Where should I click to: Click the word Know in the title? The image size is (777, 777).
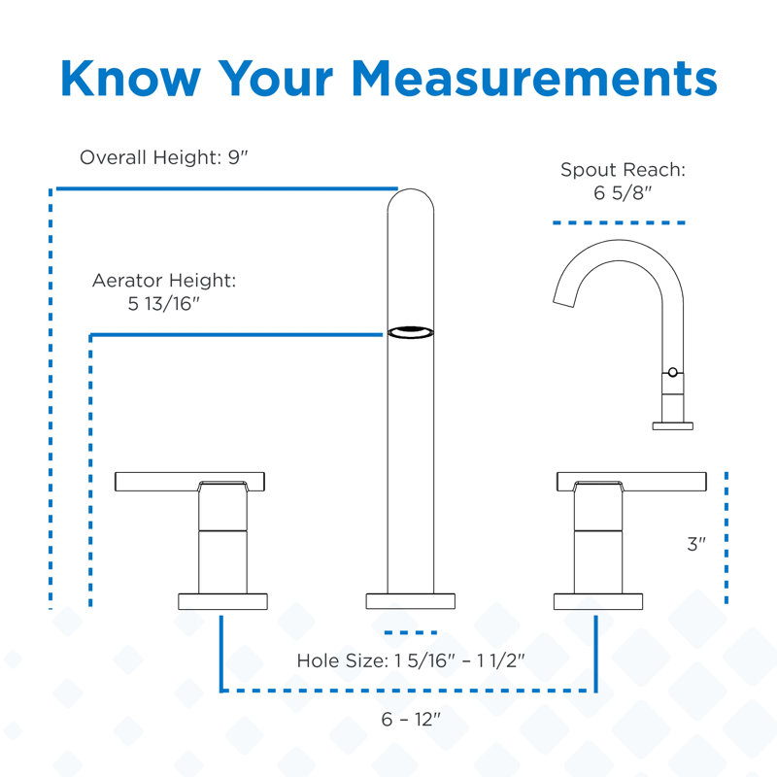point(131,79)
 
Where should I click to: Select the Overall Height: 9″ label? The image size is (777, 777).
point(163,157)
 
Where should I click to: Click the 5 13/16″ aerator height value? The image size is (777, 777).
point(163,304)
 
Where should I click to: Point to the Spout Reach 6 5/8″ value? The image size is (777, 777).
point(623,192)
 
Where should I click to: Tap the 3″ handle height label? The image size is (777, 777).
point(696,544)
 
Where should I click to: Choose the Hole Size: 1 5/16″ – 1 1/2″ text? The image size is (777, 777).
point(410,660)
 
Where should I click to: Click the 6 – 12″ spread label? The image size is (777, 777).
point(410,719)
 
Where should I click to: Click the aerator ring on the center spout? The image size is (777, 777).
point(410,332)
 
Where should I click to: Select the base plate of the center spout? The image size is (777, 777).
point(410,601)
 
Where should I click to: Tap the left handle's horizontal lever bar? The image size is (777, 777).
point(189,481)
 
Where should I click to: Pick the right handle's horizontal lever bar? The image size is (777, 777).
point(631,481)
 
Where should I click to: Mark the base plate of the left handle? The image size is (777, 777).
point(222,601)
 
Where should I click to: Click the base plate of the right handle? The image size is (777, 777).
point(598,601)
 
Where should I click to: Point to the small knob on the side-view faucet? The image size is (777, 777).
point(672,372)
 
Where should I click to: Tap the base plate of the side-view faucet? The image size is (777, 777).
point(672,426)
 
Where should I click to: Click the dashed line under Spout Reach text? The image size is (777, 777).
point(619,223)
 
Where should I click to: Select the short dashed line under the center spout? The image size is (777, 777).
point(410,632)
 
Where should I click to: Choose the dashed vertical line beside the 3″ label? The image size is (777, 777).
point(726,538)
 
